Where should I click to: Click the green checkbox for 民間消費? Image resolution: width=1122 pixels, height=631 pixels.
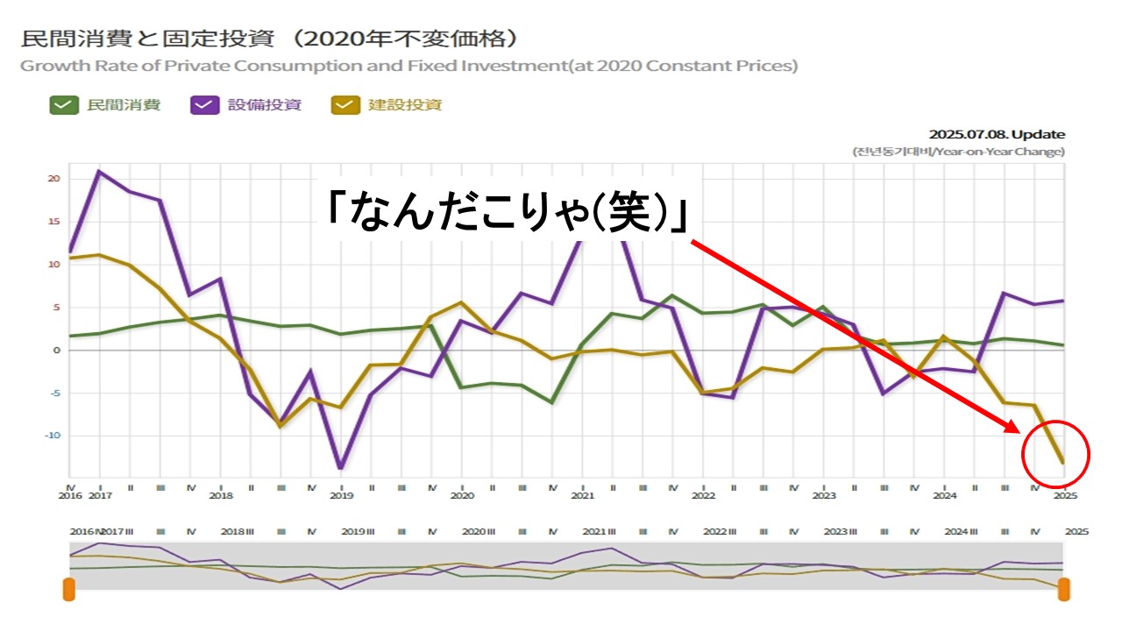62,105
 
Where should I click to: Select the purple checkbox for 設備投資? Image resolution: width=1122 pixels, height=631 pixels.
202,105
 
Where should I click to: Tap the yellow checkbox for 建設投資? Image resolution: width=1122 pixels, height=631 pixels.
344,105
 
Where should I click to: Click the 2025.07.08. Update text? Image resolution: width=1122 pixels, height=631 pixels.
997,134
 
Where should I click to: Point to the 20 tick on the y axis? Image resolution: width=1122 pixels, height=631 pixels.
53,179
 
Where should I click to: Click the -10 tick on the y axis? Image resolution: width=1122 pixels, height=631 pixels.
52,436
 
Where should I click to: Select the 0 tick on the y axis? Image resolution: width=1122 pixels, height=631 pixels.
56,351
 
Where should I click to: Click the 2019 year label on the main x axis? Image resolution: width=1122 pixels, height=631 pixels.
341,496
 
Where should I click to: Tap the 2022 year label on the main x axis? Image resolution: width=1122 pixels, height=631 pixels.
703,496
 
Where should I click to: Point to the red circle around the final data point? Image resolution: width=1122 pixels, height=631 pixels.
1055,455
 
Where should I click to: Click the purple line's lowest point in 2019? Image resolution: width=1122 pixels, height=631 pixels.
340,468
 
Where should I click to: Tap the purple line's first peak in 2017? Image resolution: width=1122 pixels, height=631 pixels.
99,171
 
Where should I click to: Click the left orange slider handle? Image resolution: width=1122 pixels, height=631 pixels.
69,589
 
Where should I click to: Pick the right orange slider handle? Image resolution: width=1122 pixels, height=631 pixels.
1064,589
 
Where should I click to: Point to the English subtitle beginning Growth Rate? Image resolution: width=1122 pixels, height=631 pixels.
408,66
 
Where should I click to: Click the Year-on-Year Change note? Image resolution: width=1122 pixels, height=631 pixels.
959,152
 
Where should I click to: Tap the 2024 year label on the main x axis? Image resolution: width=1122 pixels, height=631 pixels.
944,496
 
